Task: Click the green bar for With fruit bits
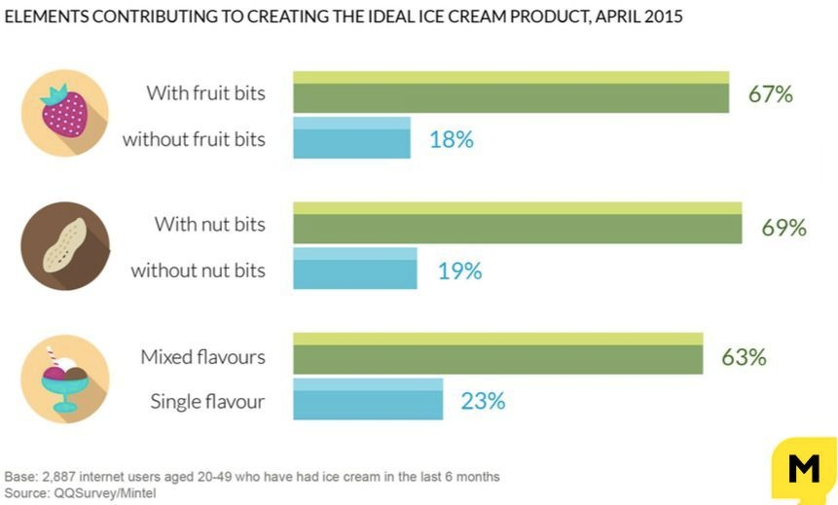click(x=511, y=92)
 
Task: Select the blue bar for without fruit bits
click(x=351, y=138)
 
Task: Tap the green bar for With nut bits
click(x=517, y=223)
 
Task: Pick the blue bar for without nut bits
click(x=355, y=269)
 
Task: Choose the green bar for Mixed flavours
click(x=497, y=354)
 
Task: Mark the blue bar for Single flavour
click(x=368, y=399)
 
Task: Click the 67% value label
click(x=771, y=94)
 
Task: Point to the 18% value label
click(x=452, y=139)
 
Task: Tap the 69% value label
click(x=784, y=228)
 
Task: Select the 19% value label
click(x=459, y=271)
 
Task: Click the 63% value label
click(x=744, y=357)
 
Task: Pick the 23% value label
click(x=483, y=401)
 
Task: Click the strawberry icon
click(x=65, y=112)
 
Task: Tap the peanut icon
click(x=65, y=246)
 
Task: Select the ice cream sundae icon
click(x=65, y=379)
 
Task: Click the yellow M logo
click(x=804, y=470)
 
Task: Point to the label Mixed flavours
click(x=202, y=357)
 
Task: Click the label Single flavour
click(x=207, y=401)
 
